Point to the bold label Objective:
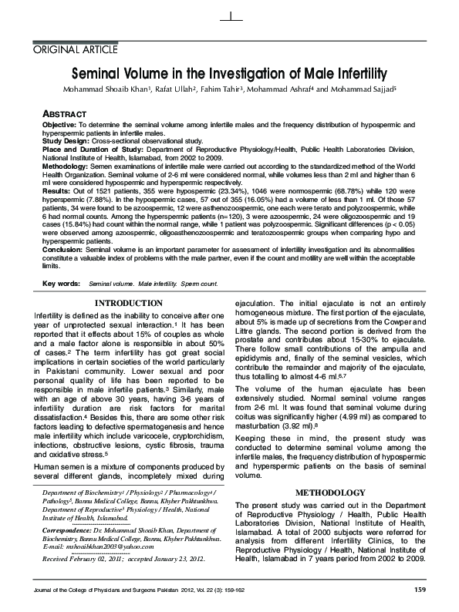tap(59, 124)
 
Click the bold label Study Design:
tap(66, 141)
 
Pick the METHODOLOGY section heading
tap(329, 492)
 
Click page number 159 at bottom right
tap(420, 590)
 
